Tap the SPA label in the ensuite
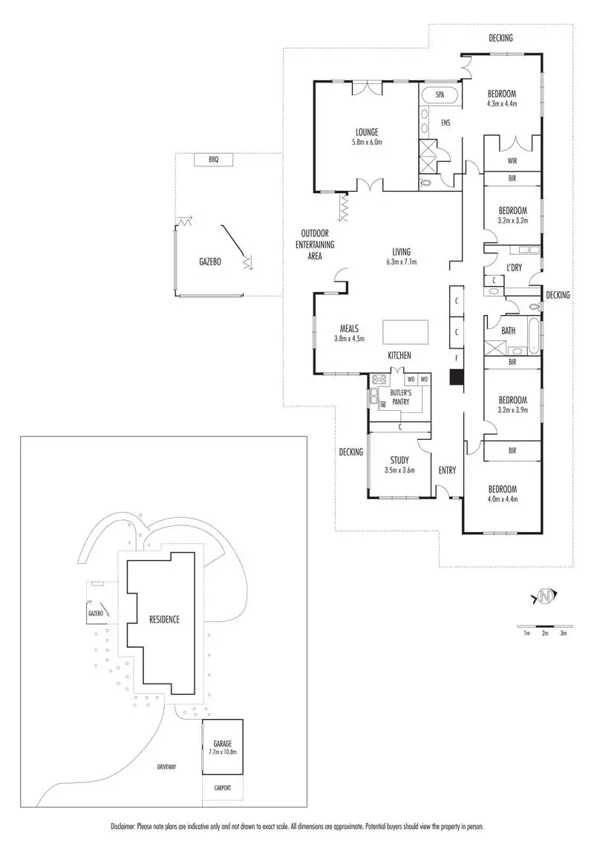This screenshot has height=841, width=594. [440, 95]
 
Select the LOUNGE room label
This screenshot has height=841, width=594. [367, 132]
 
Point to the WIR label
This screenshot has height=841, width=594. [512, 160]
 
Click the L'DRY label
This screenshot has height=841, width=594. [515, 267]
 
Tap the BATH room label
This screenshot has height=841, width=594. [509, 331]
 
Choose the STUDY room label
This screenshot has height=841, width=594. [399, 460]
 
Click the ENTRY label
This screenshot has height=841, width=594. [447, 470]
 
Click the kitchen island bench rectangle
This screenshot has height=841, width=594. [405, 331]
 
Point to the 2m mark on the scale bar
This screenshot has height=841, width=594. [545, 633]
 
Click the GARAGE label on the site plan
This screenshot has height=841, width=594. [223, 743]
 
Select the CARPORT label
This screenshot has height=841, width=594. [223, 788]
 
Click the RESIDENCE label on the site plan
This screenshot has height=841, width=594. [164, 619]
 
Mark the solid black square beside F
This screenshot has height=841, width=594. [456, 377]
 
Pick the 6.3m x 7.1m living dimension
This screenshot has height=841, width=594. [402, 262]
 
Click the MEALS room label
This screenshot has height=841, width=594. [350, 328]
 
